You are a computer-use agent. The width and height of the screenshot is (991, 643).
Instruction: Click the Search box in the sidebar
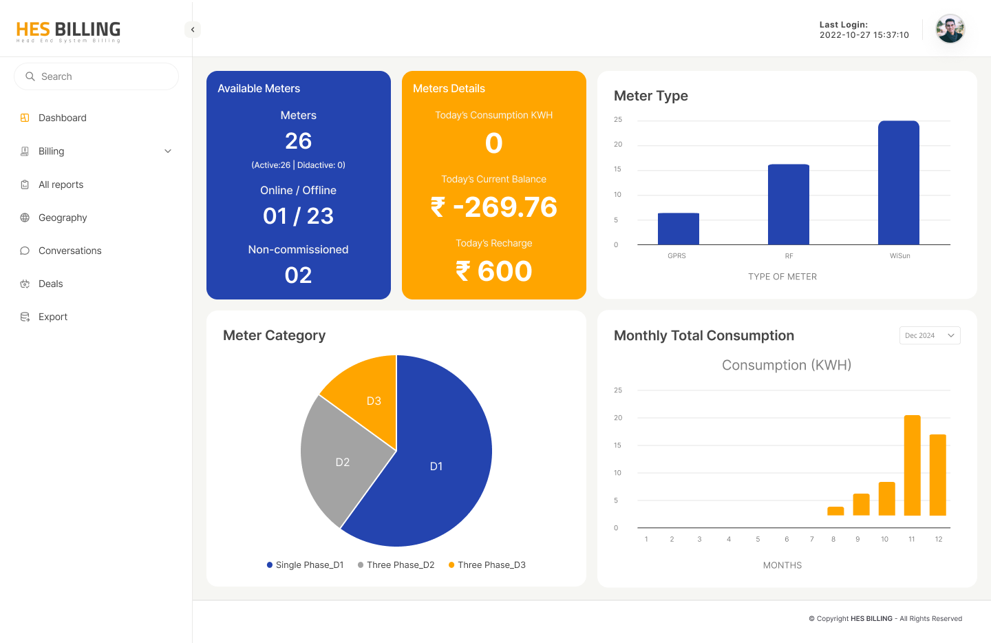click(x=96, y=76)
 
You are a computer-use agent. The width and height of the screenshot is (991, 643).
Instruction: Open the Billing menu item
click(x=52, y=151)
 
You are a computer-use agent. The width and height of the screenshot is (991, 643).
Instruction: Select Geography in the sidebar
click(x=63, y=218)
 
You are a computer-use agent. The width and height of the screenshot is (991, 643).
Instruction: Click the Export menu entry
click(x=53, y=317)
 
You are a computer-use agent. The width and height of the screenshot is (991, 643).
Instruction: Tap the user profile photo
click(x=950, y=29)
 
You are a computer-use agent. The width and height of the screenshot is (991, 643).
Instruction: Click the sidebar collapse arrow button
click(x=193, y=30)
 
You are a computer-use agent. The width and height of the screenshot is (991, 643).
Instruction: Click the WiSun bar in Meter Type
click(x=898, y=182)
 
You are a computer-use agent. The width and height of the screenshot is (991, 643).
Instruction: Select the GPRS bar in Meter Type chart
click(x=678, y=229)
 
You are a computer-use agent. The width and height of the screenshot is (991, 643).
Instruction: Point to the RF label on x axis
click(x=789, y=256)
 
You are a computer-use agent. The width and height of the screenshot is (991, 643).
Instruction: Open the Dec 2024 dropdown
click(x=929, y=335)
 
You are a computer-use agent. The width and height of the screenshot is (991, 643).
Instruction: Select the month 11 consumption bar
click(x=912, y=465)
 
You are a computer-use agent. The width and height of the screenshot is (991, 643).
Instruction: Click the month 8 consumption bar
click(x=835, y=511)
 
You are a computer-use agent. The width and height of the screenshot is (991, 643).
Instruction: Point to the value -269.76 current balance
click(x=494, y=207)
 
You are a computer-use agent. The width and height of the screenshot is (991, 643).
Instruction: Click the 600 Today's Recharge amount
click(x=494, y=271)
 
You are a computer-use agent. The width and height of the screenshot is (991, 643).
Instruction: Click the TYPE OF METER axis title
click(x=782, y=277)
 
